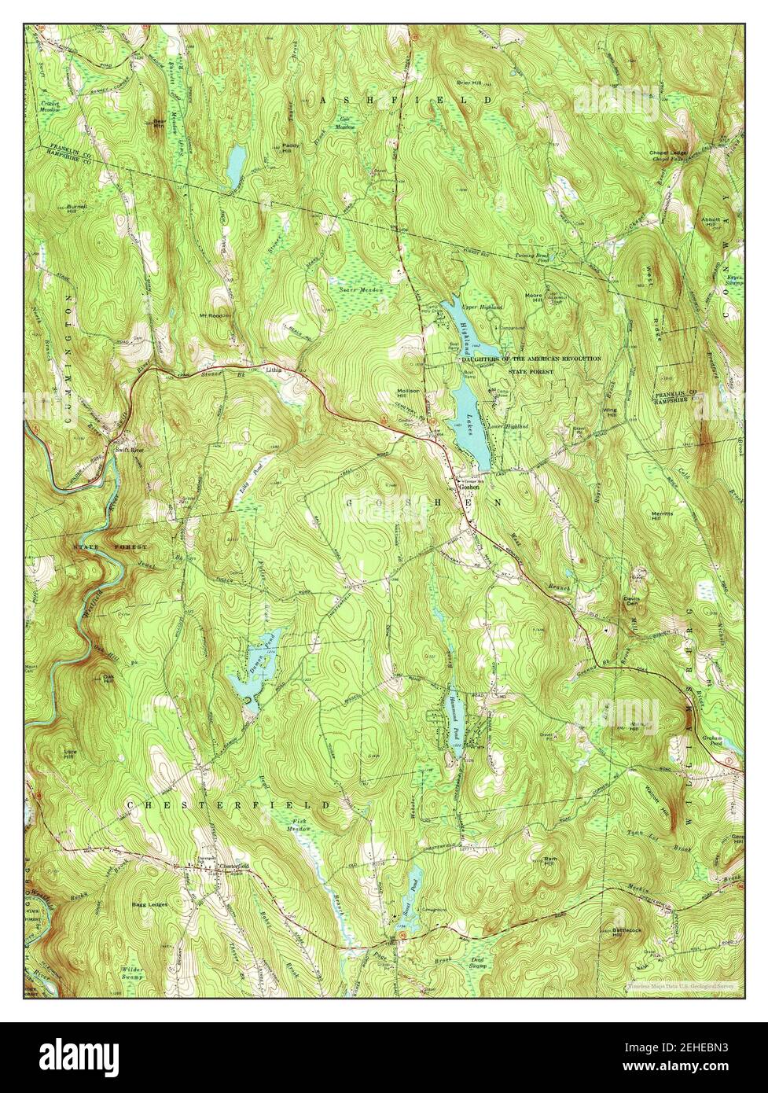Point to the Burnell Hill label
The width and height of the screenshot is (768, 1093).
tap(77, 208)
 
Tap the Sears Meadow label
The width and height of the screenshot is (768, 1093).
tap(361, 290)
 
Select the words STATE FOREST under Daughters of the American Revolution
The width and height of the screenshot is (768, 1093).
tap(531, 371)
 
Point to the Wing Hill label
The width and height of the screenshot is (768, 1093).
tap(609, 412)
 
